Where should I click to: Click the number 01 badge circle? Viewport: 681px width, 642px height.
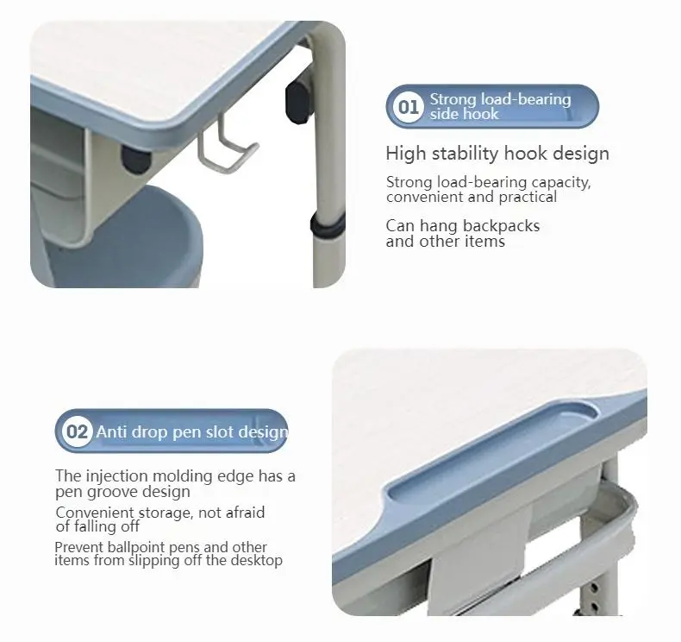pos(408,107)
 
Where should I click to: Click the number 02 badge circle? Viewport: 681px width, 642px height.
pos(78,431)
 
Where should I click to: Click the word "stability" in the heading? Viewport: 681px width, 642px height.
pos(466,154)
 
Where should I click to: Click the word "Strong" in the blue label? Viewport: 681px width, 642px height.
pos(453,100)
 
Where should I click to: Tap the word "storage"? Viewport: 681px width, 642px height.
pos(166,513)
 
